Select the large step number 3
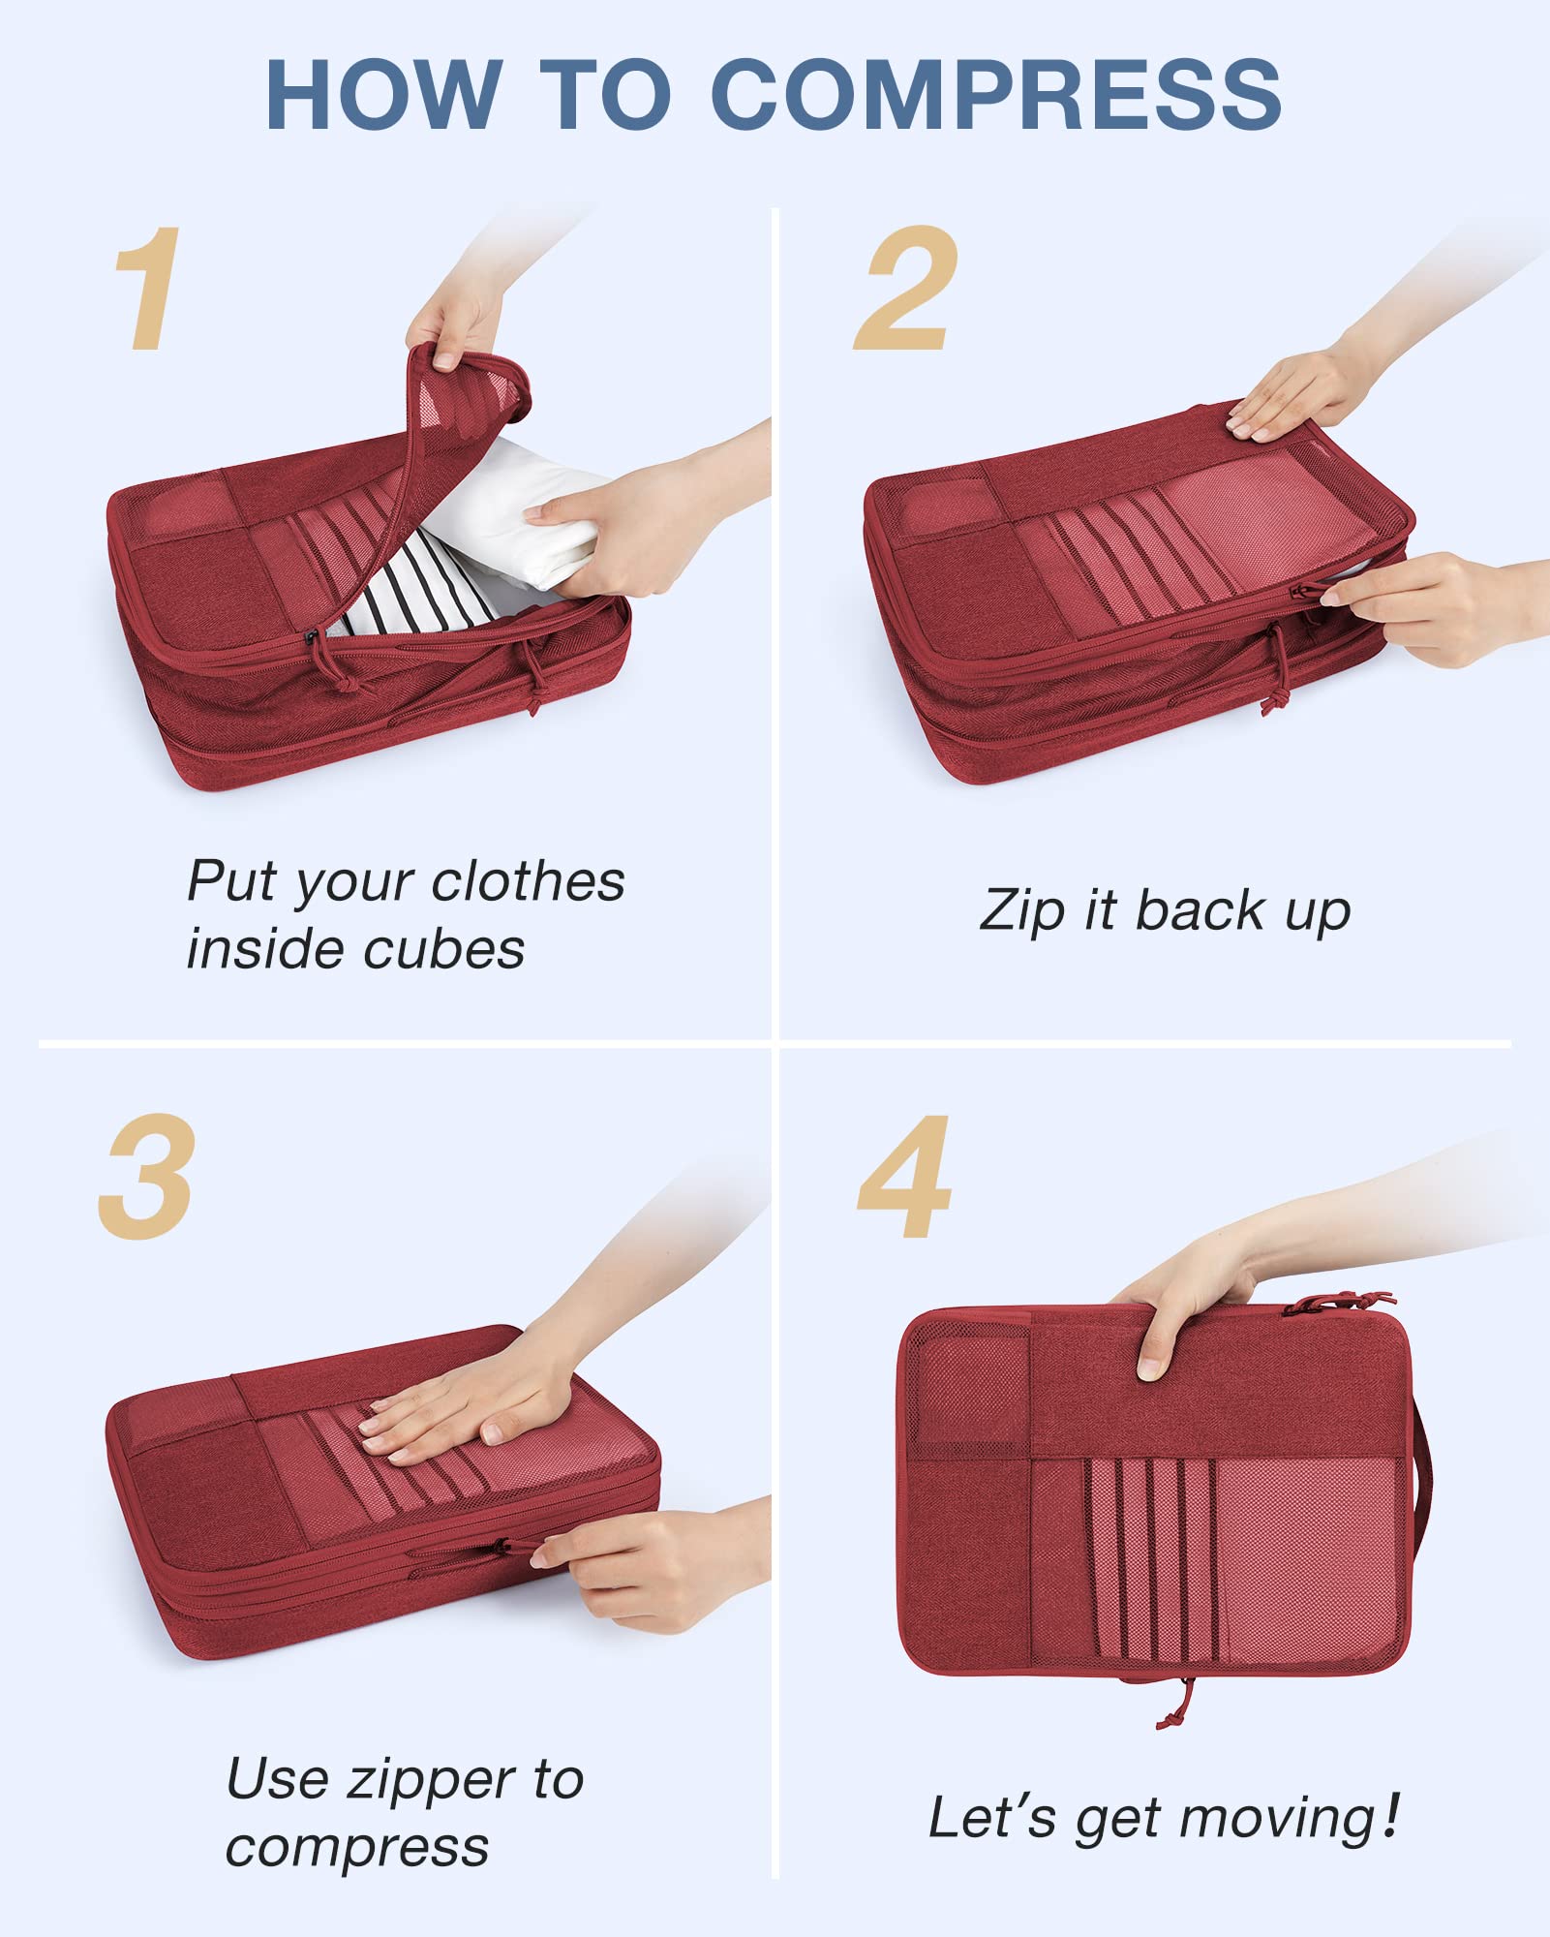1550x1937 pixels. click(x=147, y=1176)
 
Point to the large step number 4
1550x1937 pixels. click(x=904, y=1176)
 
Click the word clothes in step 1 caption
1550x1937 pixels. click(x=528, y=881)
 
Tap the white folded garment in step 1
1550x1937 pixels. click(x=513, y=513)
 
